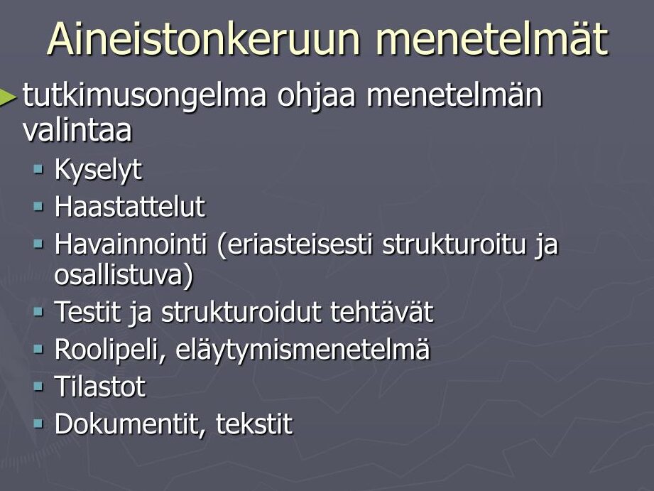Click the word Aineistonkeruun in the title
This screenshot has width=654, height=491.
click(204, 38)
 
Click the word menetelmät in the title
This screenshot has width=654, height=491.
click(492, 38)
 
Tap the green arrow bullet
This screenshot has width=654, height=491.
click(8, 97)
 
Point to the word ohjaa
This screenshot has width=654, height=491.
click(317, 95)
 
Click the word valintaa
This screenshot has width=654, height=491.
click(77, 129)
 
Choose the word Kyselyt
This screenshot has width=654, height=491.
click(98, 171)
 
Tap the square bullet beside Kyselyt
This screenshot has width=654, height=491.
click(38, 170)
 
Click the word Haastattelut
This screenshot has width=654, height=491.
click(130, 206)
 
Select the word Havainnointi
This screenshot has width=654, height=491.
click(131, 244)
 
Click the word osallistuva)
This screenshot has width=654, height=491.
click(124, 275)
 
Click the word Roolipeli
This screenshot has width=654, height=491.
click(109, 350)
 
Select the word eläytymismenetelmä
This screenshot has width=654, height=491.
click(303, 350)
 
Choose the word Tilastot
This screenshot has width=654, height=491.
click(100, 387)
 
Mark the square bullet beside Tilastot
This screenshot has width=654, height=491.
click(38, 387)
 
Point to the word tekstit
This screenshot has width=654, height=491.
click(254, 424)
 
